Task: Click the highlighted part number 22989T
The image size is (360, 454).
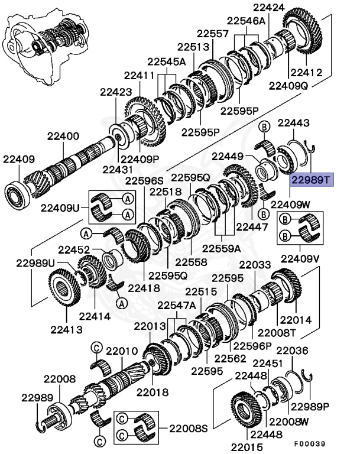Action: tap(312, 179)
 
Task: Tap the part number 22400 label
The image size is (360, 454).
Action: tap(59, 137)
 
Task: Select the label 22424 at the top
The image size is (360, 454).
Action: tap(269, 8)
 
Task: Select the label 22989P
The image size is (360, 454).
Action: tap(313, 407)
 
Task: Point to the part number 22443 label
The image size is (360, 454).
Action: tap(293, 124)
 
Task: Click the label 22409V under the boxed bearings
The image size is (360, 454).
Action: tap(299, 258)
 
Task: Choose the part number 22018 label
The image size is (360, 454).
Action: tap(153, 391)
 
